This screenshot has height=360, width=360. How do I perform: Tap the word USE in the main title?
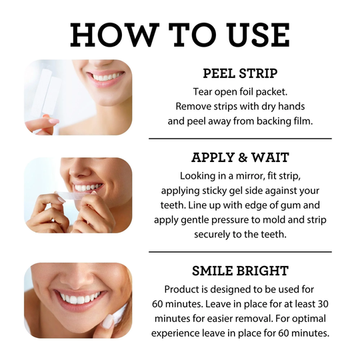pos(251,35)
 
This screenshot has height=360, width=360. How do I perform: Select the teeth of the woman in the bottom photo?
pos(77,297)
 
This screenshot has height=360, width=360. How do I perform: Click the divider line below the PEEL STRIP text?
pos(239,139)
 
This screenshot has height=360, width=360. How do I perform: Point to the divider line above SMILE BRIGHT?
pos(239,252)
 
